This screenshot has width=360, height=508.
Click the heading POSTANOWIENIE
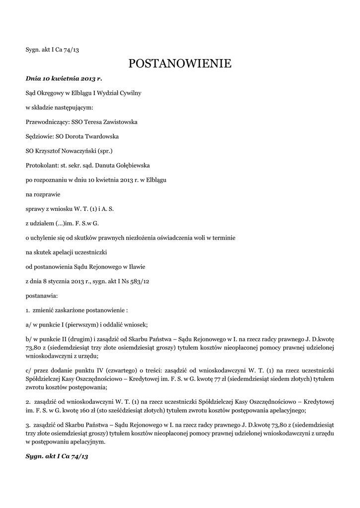coord(180,63)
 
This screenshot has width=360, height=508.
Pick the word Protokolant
coord(41,165)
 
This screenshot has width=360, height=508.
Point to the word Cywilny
coord(129,93)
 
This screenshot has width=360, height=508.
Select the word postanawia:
coord(42,296)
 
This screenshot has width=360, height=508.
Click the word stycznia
coord(62,281)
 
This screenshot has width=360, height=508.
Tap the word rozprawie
coord(49,194)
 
